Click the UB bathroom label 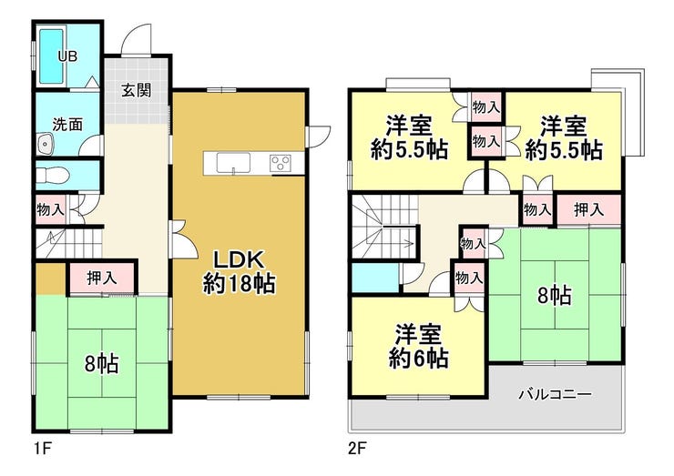(x=67, y=56)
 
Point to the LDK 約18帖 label (x=239, y=271)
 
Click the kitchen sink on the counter (x=232, y=163)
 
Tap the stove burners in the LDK (x=280, y=163)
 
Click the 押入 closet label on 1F (x=101, y=278)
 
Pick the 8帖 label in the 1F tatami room (x=101, y=364)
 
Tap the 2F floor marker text (x=356, y=447)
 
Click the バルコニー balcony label (x=555, y=395)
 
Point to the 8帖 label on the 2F (x=555, y=295)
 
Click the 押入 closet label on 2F (x=588, y=209)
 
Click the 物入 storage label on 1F (x=50, y=209)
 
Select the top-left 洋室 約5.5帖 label (x=408, y=137)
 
